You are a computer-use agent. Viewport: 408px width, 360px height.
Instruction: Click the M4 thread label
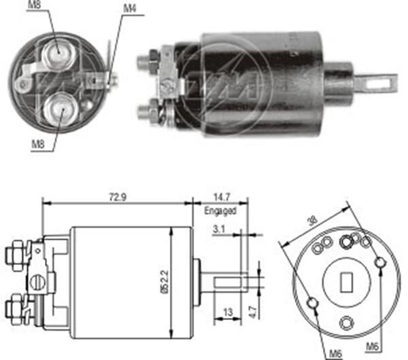[129, 9]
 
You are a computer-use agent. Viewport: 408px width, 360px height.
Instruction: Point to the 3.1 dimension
[219, 230]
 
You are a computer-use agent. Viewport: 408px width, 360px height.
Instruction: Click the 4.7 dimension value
[252, 312]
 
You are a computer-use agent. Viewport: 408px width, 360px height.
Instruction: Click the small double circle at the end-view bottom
[346, 322]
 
